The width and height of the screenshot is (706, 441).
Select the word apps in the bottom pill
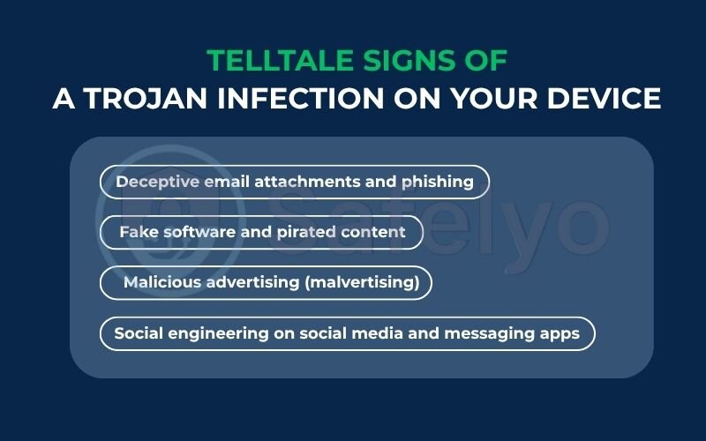561,333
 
